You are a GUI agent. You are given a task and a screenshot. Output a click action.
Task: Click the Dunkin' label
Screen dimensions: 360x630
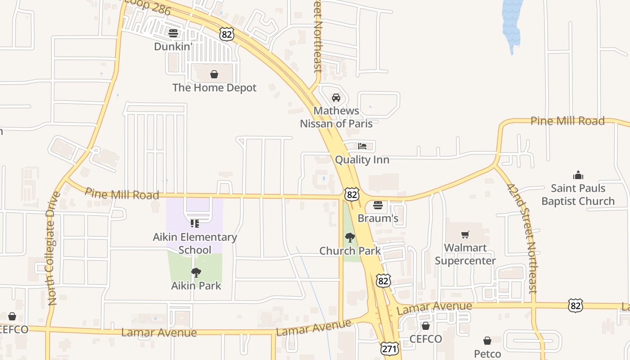pyautogui.click(x=173, y=46)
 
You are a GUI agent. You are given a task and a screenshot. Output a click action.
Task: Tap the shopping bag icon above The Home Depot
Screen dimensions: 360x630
pyautogui.click(x=214, y=74)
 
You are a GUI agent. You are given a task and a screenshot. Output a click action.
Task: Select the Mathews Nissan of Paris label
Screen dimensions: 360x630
pyautogui.click(x=336, y=117)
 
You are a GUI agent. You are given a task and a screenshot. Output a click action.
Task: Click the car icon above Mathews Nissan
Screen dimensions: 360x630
pyautogui.click(x=336, y=97)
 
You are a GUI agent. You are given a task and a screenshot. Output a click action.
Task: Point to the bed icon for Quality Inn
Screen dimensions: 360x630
pyautogui.click(x=362, y=146)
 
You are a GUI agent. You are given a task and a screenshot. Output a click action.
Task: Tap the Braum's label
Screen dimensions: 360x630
pyautogui.click(x=378, y=219)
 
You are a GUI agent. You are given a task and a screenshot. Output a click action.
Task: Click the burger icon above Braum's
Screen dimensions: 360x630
pyautogui.click(x=378, y=205)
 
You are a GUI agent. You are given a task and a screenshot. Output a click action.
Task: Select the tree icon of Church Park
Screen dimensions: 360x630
pyautogui.click(x=350, y=238)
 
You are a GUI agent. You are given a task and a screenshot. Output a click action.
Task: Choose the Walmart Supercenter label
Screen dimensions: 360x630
pyautogui.click(x=465, y=254)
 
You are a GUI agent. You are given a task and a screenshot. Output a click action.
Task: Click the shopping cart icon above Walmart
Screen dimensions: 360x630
pyautogui.click(x=465, y=234)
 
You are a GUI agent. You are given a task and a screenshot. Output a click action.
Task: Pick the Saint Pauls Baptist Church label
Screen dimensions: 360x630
pyautogui.click(x=578, y=194)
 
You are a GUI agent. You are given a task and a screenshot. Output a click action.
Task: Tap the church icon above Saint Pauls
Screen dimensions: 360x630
pyautogui.click(x=578, y=175)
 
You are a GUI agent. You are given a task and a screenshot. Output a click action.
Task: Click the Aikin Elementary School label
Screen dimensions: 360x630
pyautogui.click(x=195, y=243)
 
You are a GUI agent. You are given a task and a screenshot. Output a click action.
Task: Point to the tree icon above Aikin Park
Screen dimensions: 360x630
pyautogui.click(x=196, y=272)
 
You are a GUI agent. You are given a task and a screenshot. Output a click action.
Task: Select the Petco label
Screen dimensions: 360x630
pyautogui.click(x=487, y=354)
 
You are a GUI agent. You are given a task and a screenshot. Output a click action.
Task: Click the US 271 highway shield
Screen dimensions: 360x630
pyautogui.click(x=389, y=349)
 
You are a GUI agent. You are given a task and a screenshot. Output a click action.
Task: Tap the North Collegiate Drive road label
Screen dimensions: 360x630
pyautogui.click(x=53, y=248)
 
